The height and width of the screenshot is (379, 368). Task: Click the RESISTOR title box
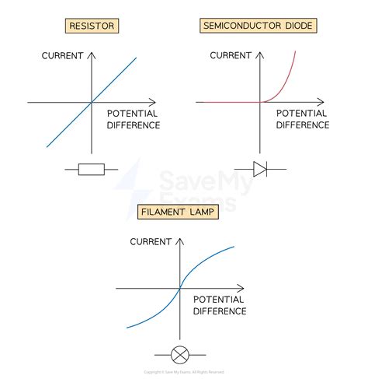pyautogui.click(x=92, y=26)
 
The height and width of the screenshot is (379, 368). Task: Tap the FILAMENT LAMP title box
pyautogui.click(x=178, y=212)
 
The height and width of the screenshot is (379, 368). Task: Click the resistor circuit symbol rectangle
pyautogui.click(x=92, y=170)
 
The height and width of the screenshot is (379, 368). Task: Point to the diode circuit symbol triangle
pyautogui.click(x=259, y=169)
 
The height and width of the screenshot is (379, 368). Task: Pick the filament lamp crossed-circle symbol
pyautogui.click(x=179, y=355)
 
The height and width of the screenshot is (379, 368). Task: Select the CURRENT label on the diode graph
pyautogui.click(x=230, y=55)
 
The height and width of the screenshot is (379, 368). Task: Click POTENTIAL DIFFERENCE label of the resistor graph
pyautogui.click(x=133, y=120)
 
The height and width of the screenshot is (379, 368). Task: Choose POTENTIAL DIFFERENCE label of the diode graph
pyautogui.click(x=303, y=120)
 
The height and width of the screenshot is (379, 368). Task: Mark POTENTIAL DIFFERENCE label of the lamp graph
pyautogui.click(x=220, y=305)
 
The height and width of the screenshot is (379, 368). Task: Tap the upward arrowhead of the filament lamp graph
pyautogui.click(x=179, y=238)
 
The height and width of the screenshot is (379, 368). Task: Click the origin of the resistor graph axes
pyautogui.click(x=92, y=102)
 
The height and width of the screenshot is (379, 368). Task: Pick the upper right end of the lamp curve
pyautogui.click(x=234, y=247)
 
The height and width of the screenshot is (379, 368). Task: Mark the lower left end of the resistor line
pyautogui.click(x=47, y=146)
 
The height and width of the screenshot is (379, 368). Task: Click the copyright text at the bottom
pyautogui.click(x=184, y=372)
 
